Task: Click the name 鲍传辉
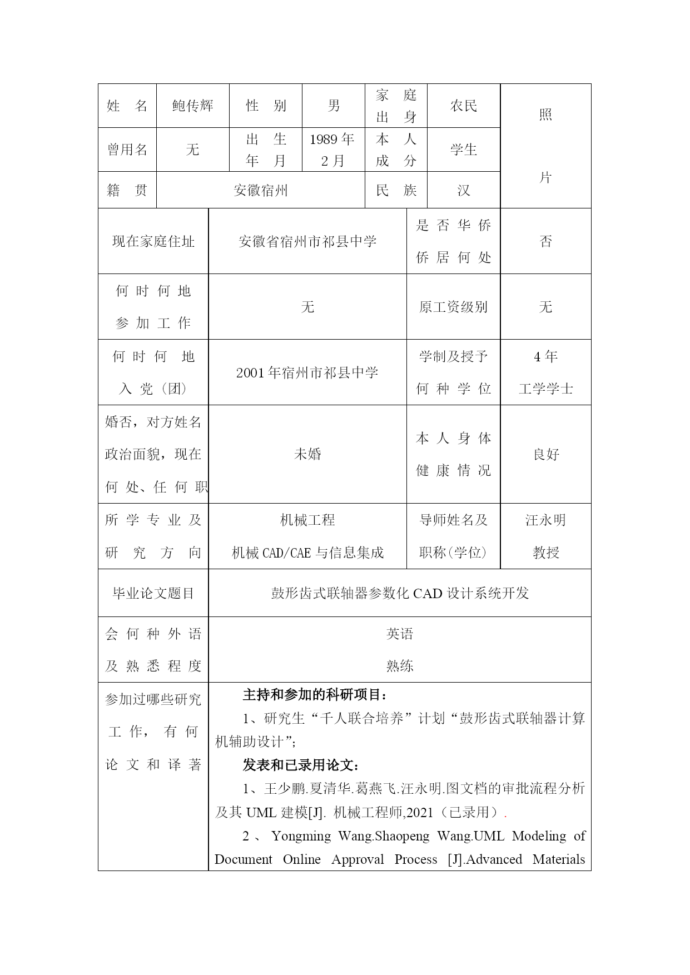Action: [x=192, y=106]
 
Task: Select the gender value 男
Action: [x=334, y=106]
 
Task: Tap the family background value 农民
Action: [x=463, y=106]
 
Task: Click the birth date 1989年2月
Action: [x=332, y=150]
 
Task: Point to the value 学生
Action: [x=463, y=150]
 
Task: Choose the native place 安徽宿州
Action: [x=260, y=191]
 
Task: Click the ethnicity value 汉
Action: [x=463, y=191]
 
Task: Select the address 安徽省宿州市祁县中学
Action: [x=307, y=241]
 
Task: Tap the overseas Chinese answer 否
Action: [x=545, y=241]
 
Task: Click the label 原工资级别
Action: [x=453, y=307]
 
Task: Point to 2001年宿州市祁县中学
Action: [x=307, y=372]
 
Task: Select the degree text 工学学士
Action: [x=545, y=389]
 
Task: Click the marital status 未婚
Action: [x=307, y=454]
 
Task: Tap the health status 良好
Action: [x=545, y=454]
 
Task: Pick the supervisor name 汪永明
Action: [x=545, y=520]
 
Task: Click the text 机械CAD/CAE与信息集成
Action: [x=307, y=553]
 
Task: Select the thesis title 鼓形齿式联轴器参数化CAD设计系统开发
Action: [x=399, y=593]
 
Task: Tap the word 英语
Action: [x=399, y=634]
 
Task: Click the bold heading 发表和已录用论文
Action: [x=301, y=765]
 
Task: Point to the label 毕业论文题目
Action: [x=153, y=593]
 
